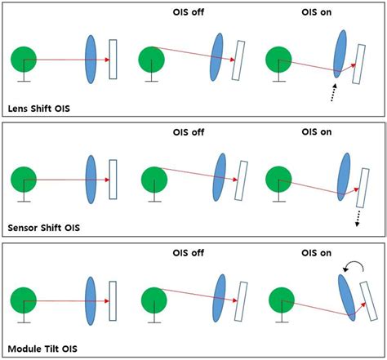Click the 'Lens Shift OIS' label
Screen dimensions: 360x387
(x=39, y=108)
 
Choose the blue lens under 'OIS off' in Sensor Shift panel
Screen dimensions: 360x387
(x=219, y=178)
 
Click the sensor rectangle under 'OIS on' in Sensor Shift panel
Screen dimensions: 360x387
(x=362, y=185)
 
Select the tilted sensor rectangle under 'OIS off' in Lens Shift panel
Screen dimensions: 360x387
(x=239, y=61)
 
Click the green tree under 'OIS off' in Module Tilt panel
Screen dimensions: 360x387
(x=153, y=297)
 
